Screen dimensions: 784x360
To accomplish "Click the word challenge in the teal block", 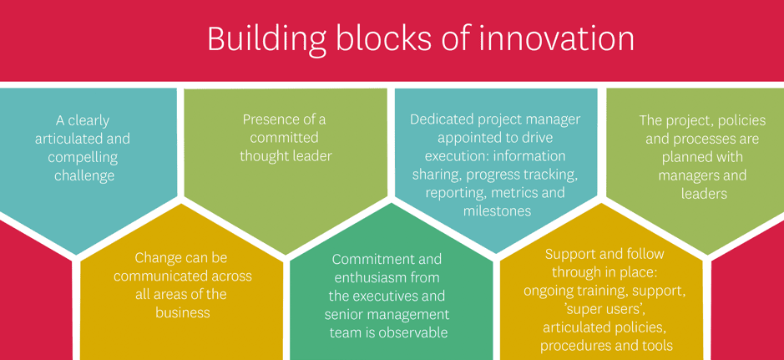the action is tap(84, 175).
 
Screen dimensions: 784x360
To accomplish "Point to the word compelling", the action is tap(83, 157).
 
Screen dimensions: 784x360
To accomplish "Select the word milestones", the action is tap(497, 211).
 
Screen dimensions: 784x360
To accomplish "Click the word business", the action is tap(182, 313).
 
